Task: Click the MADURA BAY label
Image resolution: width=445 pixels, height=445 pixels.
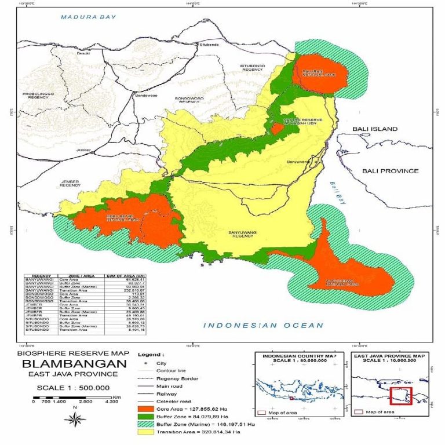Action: [x=89, y=17]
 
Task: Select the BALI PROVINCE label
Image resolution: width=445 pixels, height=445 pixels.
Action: [x=389, y=171]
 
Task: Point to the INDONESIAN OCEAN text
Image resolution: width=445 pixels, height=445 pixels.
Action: [x=262, y=326]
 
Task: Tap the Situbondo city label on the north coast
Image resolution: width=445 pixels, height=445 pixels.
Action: [x=209, y=45]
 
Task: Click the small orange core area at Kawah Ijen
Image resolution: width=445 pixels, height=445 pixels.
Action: [x=278, y=127]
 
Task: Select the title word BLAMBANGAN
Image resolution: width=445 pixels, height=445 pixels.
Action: [x=74, y=364]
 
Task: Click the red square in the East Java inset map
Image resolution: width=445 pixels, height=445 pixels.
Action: [x=400, y=396]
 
